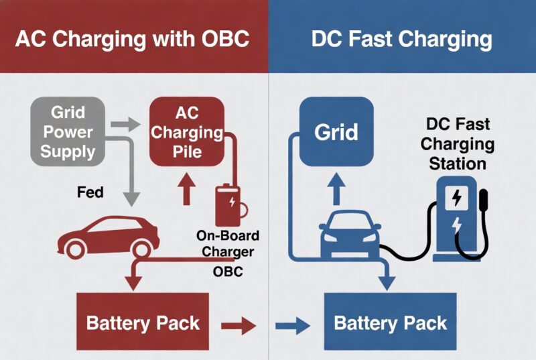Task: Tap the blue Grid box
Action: (337, 131)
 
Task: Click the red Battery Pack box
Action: (142, 322)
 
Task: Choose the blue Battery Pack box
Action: (390, 322)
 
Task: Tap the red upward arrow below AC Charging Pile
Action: (186, 190)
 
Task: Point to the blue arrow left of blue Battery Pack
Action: (294, 326)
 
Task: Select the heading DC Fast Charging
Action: (401, 38)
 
